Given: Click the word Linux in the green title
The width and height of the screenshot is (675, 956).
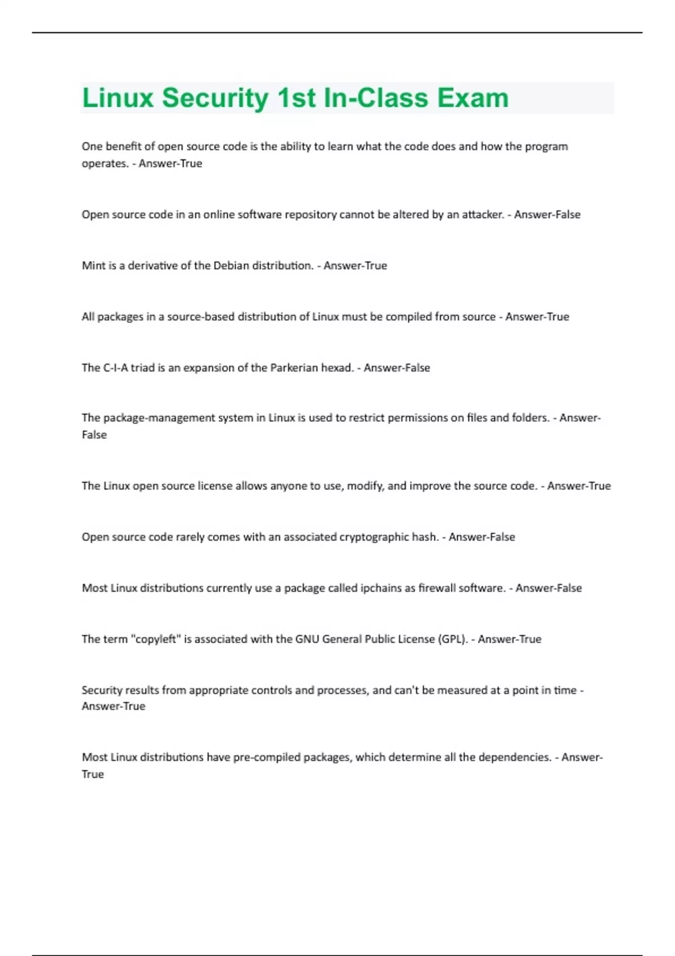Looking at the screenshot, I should pos(118,98).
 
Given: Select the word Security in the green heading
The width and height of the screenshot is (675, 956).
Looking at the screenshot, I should pos(215,98).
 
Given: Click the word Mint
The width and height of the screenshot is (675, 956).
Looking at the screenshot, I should pos(93,265).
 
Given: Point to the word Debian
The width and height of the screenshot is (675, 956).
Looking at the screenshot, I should pos(231,265).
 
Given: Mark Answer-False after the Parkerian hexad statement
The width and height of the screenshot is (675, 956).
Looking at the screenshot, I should pos(397,368).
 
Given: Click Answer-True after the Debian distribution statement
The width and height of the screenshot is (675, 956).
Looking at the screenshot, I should pos(355,265).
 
